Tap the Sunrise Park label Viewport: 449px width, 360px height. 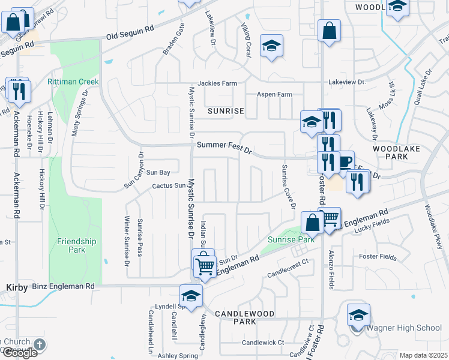pyautogui.click(x=291, y=239)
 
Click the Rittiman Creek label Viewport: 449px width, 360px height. pyautogui.click(x=74, y=82)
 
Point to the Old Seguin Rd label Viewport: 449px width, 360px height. pyautogui.click(x=130, y=36)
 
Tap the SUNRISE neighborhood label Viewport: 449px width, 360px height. pyautogui.click(x=226, y=111)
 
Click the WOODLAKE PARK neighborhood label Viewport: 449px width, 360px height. pyautogui.click(x=391, y=152)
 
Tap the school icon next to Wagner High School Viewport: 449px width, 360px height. pyautogui.click(x=358, y=315)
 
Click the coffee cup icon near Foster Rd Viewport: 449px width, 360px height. pyautogui.click(x=345, y=161)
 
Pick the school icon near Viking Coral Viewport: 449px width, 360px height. pyautogui.click(x=271, y=46)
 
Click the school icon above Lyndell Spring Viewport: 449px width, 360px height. pyautogui.click(x=191, y=296)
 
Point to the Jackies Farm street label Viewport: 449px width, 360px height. pyautogui.click(x=218, y=83)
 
